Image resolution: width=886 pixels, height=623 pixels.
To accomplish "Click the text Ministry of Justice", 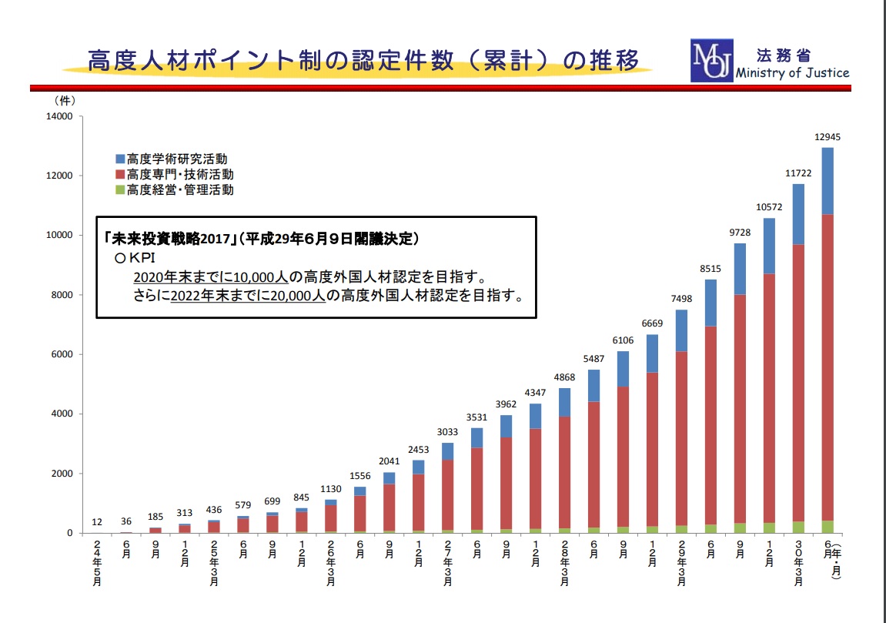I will pyautogui.click(x=792, y=73).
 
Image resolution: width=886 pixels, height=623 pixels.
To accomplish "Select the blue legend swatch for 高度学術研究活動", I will pyautogui.click(x=120, y=159).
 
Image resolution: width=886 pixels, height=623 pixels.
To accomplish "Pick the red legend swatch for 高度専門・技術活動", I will pyautogui.click(x=120, y=175).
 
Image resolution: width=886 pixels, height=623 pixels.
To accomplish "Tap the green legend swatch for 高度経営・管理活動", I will pyautogui.click(x=120, y=189).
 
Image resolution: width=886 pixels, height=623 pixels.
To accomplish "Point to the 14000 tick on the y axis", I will pyautogui.click(x=59, y=116).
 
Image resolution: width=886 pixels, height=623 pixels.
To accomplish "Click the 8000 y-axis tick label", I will pyautogui.click(x=62, y=295).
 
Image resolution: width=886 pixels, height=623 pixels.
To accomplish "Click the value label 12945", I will pyautogui.click(x=827, y=137).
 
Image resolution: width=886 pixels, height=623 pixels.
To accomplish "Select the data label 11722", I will pyautogui.click(x=798, y=174).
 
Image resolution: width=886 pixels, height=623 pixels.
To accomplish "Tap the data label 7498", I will pyautogui.click(x=681, y=300).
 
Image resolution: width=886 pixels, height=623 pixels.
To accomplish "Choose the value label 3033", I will pyautogui.click(x=447, y=433).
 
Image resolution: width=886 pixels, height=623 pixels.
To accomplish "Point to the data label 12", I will pyautogui.click(x=97, y=522).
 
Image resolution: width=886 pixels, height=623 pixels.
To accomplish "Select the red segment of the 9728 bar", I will pyautogui.click(x=740, y=408).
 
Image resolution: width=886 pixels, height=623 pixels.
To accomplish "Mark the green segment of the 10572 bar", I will pyautogui.click(x=769, y=528).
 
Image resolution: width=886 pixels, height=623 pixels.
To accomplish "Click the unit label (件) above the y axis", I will pyautogui.click(x=65, y=100).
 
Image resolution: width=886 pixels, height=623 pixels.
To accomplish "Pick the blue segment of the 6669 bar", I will pyautogui.click(x=652, y=353).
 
